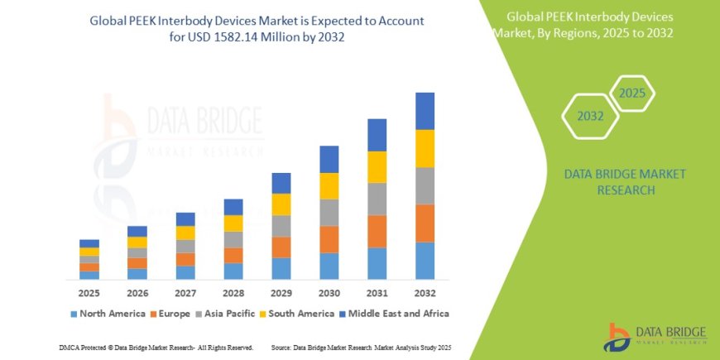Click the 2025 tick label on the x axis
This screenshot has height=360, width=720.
coord(89,293)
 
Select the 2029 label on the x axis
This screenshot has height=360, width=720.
coord(281,293)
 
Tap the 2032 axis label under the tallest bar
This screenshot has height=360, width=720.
coord(425,293)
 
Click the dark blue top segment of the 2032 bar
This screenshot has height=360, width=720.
coord(425,111)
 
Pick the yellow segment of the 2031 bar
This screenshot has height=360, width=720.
coord(377,167)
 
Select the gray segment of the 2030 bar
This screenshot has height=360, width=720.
coord(329,213)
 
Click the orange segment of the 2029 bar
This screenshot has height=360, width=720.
coord(281,247)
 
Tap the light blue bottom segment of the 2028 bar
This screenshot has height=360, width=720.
coord(233,271)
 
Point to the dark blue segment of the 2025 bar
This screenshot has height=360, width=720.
coord(89,243)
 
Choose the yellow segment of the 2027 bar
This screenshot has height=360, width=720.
coord(185,233)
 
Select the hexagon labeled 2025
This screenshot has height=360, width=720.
coord(632,93)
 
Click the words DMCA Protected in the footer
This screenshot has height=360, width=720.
coord(83,347)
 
